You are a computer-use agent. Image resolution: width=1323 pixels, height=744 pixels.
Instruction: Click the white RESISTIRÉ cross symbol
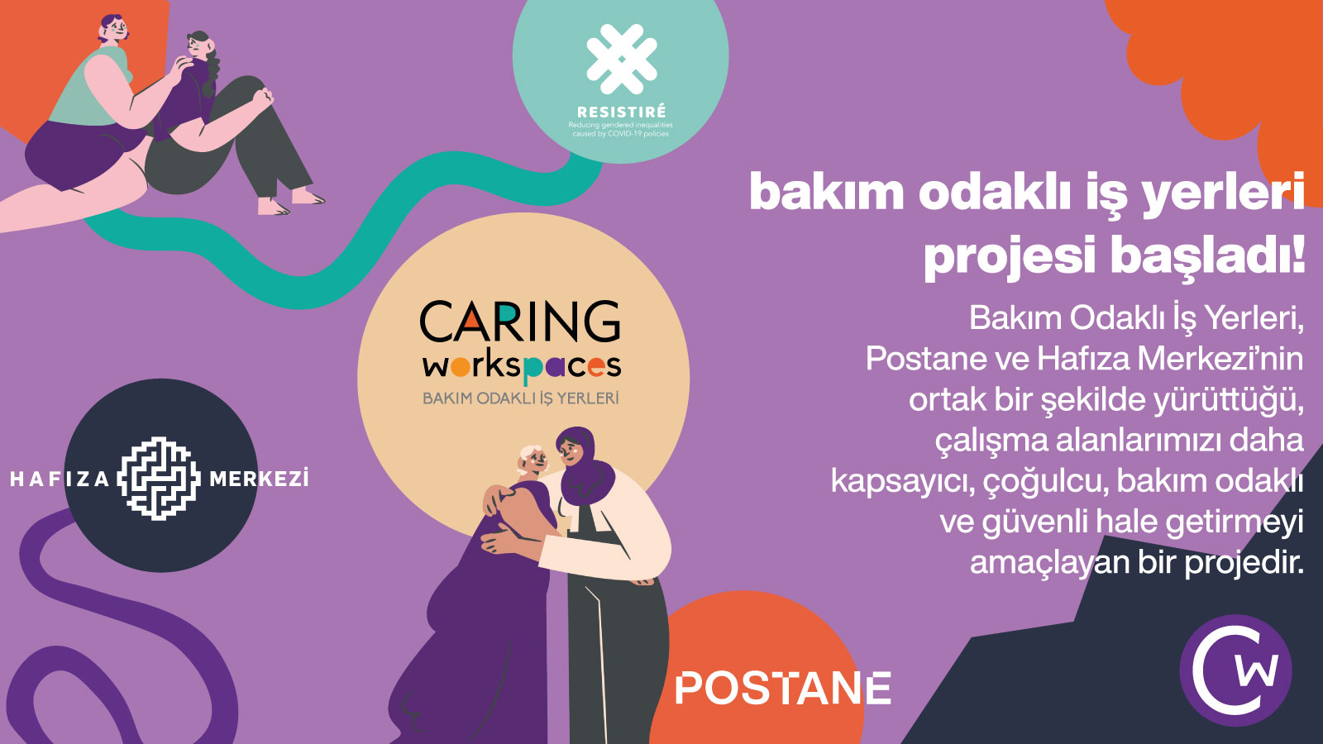pos(621,59)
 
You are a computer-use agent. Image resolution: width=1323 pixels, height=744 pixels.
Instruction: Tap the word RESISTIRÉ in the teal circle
pos(621,112)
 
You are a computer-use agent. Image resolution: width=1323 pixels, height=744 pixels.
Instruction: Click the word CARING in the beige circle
pos(520,322)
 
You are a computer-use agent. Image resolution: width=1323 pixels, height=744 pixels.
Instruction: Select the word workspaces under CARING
pos(522,366)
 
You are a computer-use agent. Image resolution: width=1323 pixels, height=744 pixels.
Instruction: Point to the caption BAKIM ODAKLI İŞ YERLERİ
pos(521,398)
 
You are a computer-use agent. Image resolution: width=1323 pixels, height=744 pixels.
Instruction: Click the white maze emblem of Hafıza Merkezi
pos(160,478)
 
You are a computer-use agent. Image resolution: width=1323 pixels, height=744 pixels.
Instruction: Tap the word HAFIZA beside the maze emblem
pos(60,479)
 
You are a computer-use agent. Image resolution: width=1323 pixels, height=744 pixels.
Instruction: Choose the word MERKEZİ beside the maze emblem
pos(259,479)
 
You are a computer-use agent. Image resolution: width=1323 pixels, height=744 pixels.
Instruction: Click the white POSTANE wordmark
pos(782,689)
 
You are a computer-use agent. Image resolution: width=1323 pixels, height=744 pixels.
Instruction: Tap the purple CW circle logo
pos(1235,670)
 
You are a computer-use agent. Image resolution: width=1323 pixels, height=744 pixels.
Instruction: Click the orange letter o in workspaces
pos(462,365)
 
